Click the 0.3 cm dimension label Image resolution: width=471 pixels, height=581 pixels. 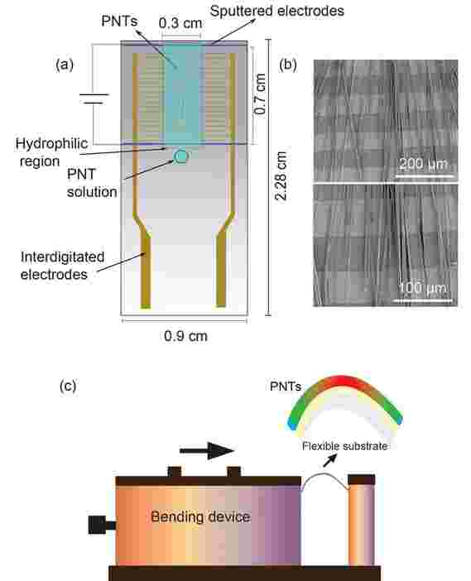[180, 23]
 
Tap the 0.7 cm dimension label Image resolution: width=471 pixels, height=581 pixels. [260, 94]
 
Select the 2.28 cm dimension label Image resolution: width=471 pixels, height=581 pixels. [281, 175]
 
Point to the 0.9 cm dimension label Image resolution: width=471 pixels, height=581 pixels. [185, 336]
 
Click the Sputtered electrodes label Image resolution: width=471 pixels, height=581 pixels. [277, 11]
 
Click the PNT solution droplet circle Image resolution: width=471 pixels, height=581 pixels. [181, 156]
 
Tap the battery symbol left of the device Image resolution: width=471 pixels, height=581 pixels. [94, 98]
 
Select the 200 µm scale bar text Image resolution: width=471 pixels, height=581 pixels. [424, 163]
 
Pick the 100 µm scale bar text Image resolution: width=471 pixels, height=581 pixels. [422, 287]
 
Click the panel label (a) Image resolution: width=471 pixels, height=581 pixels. [65, 65]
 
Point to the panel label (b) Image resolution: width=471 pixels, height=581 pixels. [288, 65]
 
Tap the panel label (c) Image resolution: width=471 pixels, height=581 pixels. [68, 387]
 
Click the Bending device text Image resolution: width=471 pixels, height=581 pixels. [200, 516]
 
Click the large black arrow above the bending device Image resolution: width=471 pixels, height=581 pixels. [207, 451]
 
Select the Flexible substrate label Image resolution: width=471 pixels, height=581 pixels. [345, 446]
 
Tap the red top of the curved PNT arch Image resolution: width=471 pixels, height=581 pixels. [341, 382]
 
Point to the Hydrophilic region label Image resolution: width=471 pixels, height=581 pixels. [51, 152]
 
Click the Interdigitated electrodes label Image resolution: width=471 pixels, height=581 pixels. [62, 266]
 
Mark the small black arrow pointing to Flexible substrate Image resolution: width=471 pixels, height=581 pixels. [330, 460]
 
